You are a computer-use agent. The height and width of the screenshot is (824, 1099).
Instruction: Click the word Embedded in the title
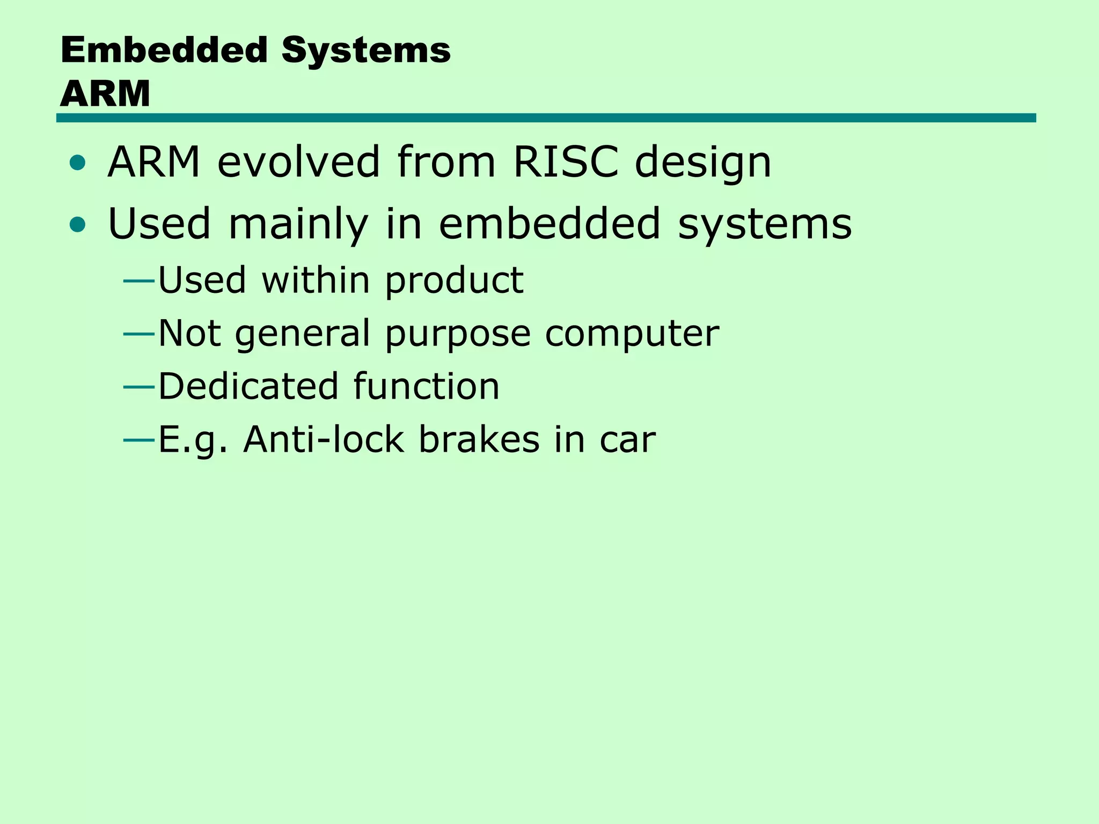(x=164, y=50)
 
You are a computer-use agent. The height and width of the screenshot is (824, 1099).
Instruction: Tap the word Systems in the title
(x=366, y=50)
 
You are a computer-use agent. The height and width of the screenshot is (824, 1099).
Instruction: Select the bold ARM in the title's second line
(x=105, y=94)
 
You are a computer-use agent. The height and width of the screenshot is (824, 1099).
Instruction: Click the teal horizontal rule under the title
(x=546, y=118)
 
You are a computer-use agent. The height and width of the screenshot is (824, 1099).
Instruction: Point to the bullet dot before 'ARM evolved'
(x=77, y=163)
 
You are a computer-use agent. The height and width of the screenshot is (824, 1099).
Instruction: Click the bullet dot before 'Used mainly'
(x=77, y=225)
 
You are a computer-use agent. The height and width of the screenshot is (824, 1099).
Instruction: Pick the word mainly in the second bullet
(x=298, y=225)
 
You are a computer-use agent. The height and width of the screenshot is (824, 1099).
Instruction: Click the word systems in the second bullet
(x=765, y=225)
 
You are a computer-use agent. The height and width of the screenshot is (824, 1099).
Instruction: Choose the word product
(x=454, y=281)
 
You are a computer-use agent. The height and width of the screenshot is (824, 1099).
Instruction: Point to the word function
(x=427, y=386)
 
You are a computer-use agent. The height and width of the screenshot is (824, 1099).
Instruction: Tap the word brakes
(x=479, y=439)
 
